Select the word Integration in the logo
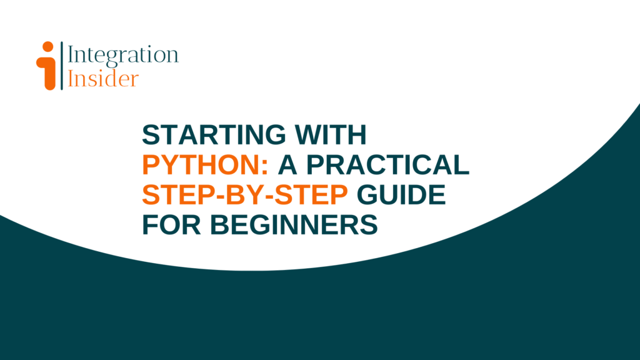click(122, 55)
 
